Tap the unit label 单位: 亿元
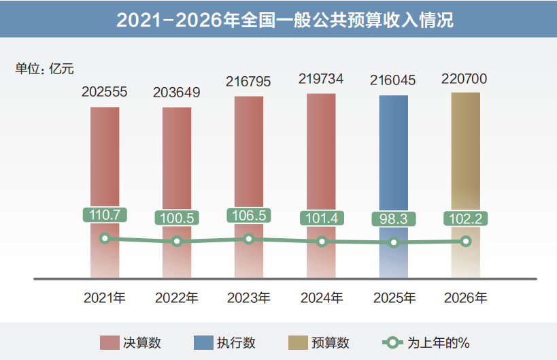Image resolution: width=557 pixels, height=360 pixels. (x=44, y=68)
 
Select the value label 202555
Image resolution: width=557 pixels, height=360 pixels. (x=104, y=91)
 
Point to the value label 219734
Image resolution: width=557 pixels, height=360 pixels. (x=321, y=78)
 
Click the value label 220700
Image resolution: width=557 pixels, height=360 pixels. (x=465, y=78)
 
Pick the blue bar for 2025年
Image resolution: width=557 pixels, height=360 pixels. (x=394, y=157)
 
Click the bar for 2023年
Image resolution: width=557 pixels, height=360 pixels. (x=249, y=157)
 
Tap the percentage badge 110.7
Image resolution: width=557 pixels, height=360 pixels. (x=104, y=214)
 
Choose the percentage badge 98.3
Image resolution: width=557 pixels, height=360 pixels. (x=394, y=219)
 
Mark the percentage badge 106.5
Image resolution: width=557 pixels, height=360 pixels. (x=249, y=215)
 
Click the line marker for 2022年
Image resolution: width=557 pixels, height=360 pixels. (x=177, y=242)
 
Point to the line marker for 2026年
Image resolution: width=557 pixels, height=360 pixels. (x=466, y=241)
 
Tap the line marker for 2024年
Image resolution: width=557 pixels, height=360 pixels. (x=322, y=242)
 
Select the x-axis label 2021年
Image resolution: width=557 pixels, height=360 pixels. (x=105, y=297)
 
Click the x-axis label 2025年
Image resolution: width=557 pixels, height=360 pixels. (x=394, y=297)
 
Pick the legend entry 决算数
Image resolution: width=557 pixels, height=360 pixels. (x=131, y=342)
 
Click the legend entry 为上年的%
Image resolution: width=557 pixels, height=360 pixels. (x=424, y=342)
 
